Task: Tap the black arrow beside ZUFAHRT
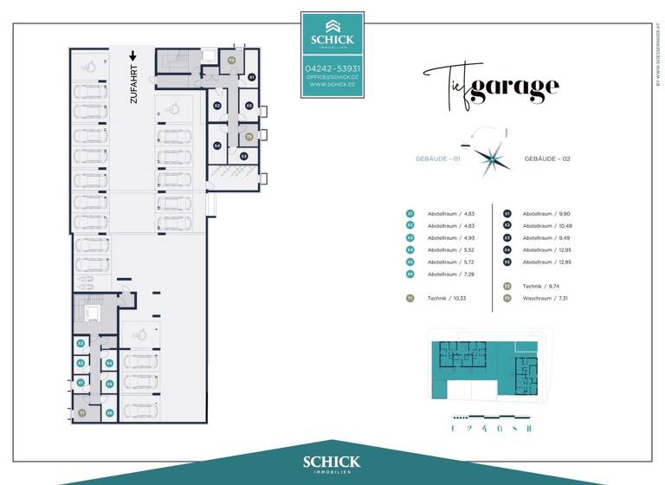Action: [132, 56]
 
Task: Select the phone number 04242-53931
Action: [332, 68]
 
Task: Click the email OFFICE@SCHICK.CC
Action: [332, 77]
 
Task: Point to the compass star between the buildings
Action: [496, 158]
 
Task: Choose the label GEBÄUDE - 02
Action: [548, 159]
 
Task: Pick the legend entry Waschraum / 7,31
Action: [546, 298]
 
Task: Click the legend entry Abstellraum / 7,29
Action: [448, 274]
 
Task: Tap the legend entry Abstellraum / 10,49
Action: [546, 225]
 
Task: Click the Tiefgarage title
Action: [491, 85]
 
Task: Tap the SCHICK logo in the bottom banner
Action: [332, 463]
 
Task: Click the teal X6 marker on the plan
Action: [110, 413]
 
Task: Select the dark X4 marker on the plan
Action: [217, 145]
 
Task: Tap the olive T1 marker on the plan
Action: [82, 414]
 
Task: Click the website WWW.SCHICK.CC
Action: [332, 85]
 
